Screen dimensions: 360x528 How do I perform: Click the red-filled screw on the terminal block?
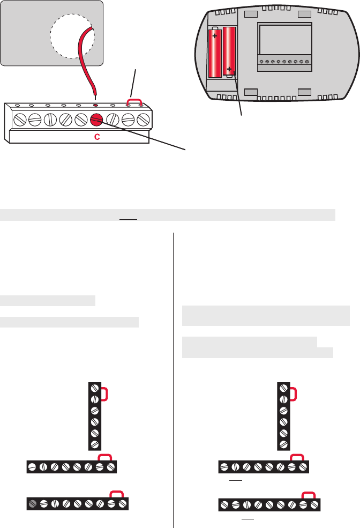[97, 119]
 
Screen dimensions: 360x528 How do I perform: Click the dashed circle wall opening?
[72, 35]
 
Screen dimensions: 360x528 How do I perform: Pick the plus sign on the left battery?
[215, 36]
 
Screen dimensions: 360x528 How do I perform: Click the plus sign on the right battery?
[229, 69]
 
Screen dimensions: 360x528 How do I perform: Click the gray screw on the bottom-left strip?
[33, 504]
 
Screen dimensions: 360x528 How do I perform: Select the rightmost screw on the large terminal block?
[143, 119]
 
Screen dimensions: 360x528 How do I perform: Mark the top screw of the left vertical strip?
[95, 388]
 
